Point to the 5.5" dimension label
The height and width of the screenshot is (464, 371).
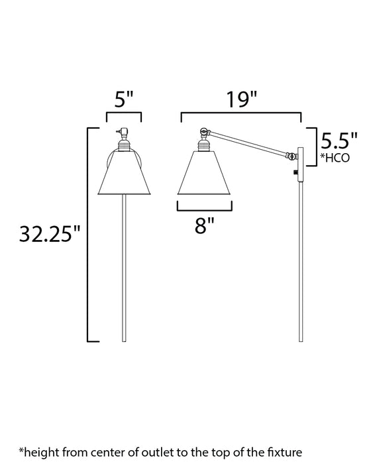(x=339, y=141)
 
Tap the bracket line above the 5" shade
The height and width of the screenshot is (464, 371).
(x=124, y=114)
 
